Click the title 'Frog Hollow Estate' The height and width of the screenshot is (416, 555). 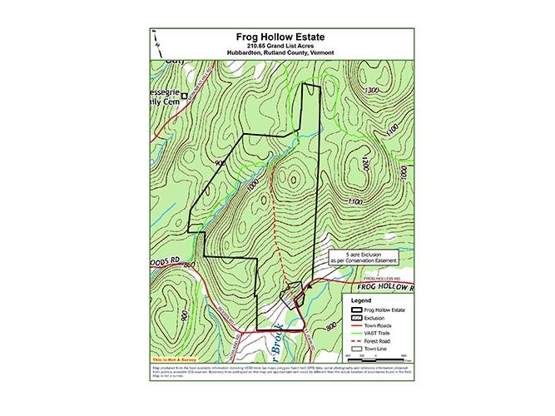[277, 37]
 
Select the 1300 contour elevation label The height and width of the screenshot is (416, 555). [372, 90]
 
